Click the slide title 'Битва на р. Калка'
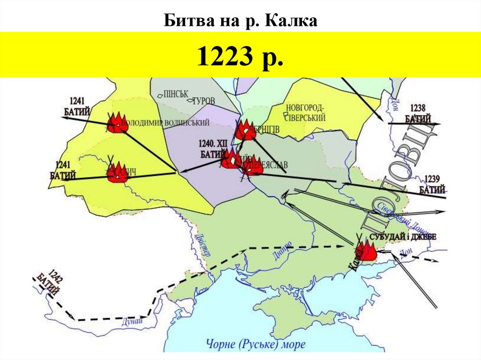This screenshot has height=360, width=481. point(240,21)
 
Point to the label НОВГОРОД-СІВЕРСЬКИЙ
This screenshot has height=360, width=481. point(305,113)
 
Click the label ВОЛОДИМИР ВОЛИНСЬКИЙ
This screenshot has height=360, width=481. point(167,123)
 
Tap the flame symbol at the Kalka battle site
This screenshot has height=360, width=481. point(366,252)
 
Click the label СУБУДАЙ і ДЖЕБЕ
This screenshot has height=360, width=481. point(403,237)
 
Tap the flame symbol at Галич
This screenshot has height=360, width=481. point(116,173)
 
